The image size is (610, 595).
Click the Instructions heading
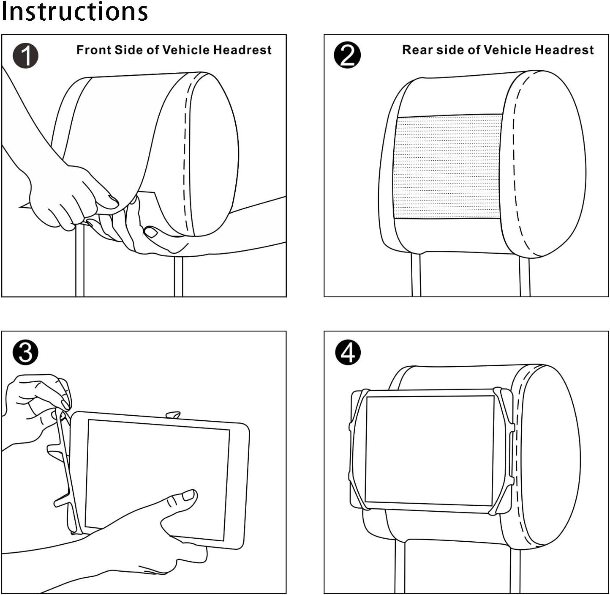point(74,11)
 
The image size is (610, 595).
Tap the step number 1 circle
point(25,56)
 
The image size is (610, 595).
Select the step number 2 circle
point(347,55)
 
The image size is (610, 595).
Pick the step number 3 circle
point(25,352)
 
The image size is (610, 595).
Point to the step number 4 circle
point(348,352)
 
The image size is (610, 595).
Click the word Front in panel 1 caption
point(93,50)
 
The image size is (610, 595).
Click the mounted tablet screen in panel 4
point(429,450)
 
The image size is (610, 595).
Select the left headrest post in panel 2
point(416,275)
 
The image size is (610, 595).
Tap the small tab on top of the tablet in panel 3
point(173,415)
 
